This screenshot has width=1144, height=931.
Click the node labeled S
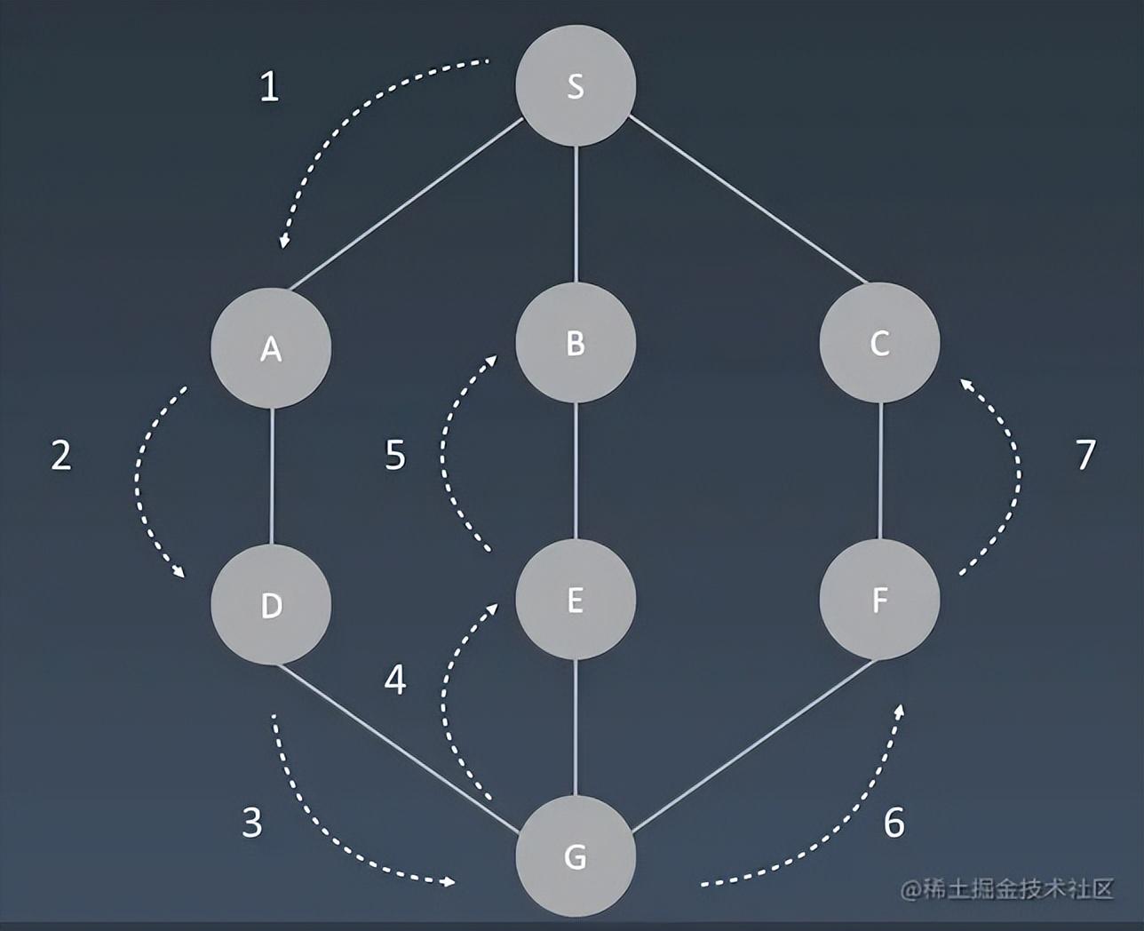pos(576,85)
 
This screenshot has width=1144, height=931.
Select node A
pos(271,347)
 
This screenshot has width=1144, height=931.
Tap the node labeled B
pos(576,342)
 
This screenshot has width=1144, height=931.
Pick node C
pos(879,342)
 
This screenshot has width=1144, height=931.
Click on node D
pos(271,604)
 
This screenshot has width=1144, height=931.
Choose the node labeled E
pos(576,600)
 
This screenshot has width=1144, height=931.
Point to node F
pos(879,600)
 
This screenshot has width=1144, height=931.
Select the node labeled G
pos(576,856)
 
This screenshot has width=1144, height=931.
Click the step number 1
pos(269,87)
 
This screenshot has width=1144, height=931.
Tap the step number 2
pos(60,455)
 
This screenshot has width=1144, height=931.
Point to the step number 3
pos(252,823)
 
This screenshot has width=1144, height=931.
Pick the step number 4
pos(395,680)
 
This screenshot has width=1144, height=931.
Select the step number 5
pos(395,455)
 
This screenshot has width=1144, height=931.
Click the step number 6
pos(894,823)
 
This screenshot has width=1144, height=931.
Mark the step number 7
pos(1085,455)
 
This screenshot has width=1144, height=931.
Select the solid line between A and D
pos(271,475)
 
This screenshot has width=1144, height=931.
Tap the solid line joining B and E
pos(576,471)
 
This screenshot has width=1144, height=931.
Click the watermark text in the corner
pos(1007,888)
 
